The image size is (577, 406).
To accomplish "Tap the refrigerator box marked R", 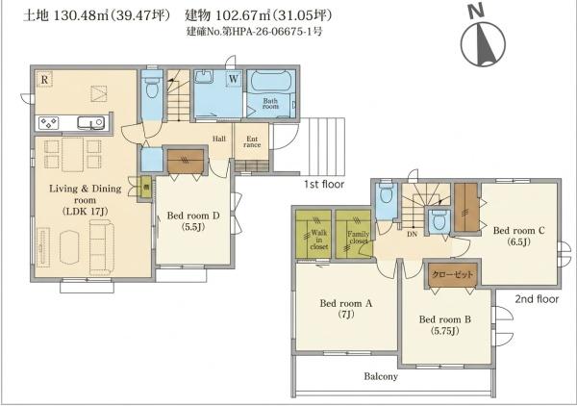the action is pyautogui.click(x=44, y=79).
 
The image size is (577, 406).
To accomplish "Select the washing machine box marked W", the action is pyautogui.click(x=234, y=79).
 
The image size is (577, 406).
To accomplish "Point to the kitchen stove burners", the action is pyautogui.click(x=49, y=122).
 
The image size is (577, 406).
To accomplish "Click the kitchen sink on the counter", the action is pyautogui.click(x=90, y=122).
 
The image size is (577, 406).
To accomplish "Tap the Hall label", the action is pyautogui.click(x=219, y=139).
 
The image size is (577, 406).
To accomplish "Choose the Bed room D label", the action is pyautogui.click(x=193, y=220).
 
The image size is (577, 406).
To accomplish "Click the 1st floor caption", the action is pyautogui.click(x=324, y=184).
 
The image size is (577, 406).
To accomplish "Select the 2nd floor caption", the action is pyautogui.click(x=537, y=298).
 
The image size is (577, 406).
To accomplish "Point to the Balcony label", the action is pyautogui.click(x=381, y=376).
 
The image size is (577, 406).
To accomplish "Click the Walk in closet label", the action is pyautogui.click(x=318, y=240).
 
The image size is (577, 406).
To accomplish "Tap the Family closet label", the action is pyautogui.click(x=359, y=238).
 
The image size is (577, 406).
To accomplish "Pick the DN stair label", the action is pyautogui.click(x=413, y=234).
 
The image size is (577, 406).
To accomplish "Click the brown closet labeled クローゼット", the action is pyautogui.click(x=453, y=275).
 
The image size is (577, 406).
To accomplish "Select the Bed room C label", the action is pyautogui.click(x=518, y=236).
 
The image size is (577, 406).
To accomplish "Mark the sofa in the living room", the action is pyautogui.click(x=102, y=247).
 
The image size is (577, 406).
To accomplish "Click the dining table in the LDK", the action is pyautogui.click(x=72, y=155).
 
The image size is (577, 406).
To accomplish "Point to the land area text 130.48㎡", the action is pyautogui.click(x=81, y=15).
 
